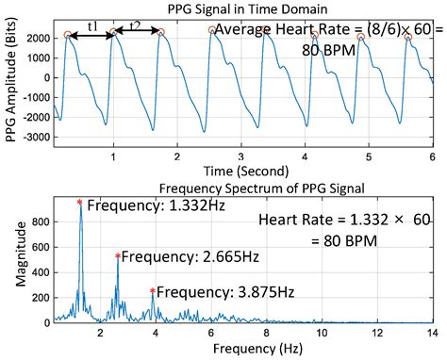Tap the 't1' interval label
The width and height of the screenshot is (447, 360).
[92, 26]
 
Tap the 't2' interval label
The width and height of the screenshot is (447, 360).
[134, 26]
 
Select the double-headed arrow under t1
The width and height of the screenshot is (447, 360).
[91, 35]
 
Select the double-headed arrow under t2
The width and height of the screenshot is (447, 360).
[137, 35]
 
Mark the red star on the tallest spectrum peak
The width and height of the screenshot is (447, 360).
[80, 202]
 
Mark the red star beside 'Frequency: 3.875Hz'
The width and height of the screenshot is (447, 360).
[153, 291]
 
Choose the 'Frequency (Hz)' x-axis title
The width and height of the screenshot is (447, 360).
[244, 348]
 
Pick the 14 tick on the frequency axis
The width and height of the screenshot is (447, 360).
[432, 333]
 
